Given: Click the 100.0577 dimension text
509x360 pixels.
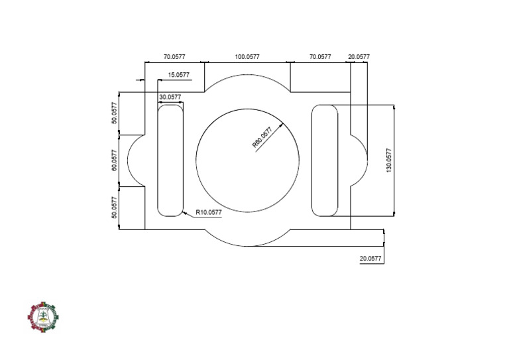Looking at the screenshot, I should pos(247,57).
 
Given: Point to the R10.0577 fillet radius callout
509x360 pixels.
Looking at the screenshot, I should pos(208,212).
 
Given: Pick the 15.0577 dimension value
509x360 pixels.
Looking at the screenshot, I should pos(179,75).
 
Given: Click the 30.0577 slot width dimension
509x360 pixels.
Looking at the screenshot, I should pos(170,97).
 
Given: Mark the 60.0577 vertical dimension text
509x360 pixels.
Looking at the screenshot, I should pos(114,160).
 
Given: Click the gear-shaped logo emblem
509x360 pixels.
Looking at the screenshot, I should pos(42,318).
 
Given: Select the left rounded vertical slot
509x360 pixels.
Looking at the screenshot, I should pos(170,160).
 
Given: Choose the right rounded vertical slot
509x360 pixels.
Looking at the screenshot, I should pos(325,160).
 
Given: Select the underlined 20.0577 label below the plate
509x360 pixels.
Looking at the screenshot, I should pos(370,259).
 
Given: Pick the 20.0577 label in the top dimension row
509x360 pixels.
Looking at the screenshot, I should pos(359,57).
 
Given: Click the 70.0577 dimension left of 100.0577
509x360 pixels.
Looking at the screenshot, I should pos(174,57).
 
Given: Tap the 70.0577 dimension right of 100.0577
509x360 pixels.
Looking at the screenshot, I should pos(320,57).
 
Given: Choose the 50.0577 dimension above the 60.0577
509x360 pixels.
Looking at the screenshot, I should pos(114,113).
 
